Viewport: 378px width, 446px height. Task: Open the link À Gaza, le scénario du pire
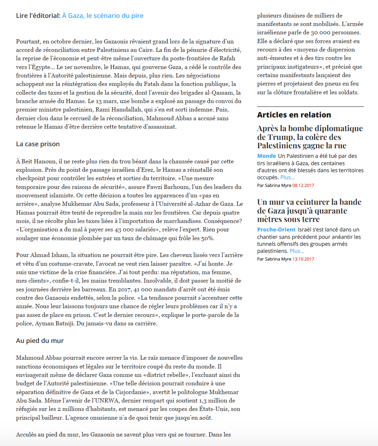click(x=103, y=16)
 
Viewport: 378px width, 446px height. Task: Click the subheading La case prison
click(x=38, y=144)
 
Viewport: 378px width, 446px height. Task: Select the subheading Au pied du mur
click(x=40, y=341)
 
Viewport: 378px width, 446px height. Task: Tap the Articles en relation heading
click(x=294, y=115)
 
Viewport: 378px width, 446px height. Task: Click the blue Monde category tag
click(x=266, y=156)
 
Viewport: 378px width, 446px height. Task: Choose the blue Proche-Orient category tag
click(x=276, y=230)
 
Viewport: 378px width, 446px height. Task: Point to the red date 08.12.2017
click(x=303, y=185)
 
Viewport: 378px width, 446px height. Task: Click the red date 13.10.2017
click(x=303, y=259)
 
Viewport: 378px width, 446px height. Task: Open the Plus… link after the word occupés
click(x=288, y=177)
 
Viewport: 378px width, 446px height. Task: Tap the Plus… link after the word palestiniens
click(x=297, y=251)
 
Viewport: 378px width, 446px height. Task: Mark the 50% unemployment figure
click(x=207, y=238)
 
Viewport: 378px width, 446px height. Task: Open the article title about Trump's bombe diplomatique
click(x=310, y=137)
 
